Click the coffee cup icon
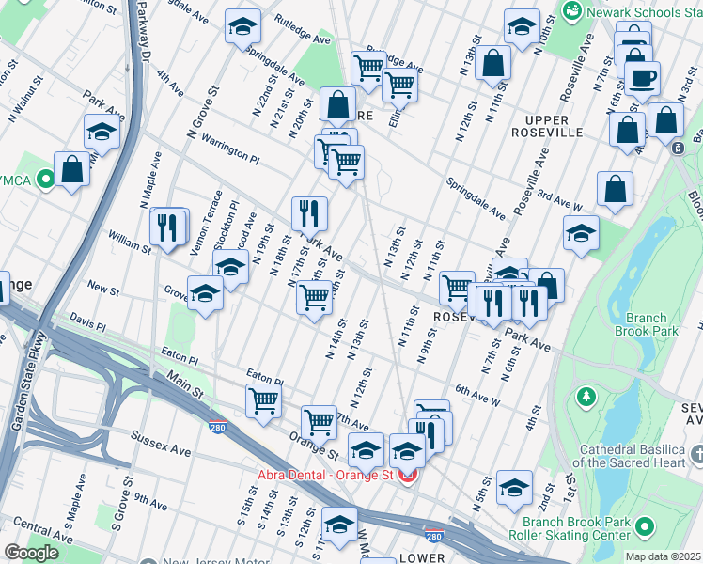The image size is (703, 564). tap(642, 79)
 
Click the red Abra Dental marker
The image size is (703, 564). tap(408, 475)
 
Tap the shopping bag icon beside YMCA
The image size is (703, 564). tap(71, 170)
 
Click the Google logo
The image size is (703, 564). tap(31, 553)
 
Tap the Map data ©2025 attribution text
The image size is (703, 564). tap(663, 556)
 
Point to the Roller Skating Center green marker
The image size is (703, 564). tap(646, 526)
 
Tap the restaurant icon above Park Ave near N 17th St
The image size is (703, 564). tap(309, 215)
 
